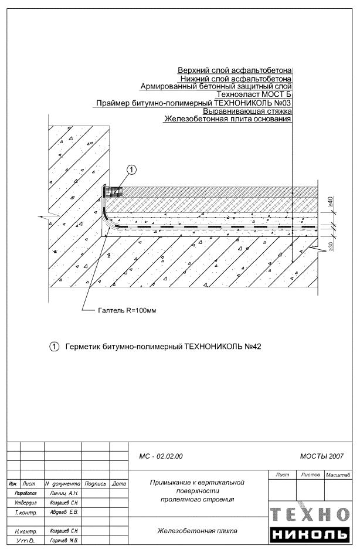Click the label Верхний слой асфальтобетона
point(235,70)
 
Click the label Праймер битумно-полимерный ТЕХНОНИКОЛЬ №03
point(194,103)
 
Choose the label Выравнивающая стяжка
point(247,111)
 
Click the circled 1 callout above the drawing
point(132,169)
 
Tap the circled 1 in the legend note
point(55,347)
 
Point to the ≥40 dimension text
point(331,202)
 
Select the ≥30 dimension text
point(331,245)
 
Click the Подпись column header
point(95,484)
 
